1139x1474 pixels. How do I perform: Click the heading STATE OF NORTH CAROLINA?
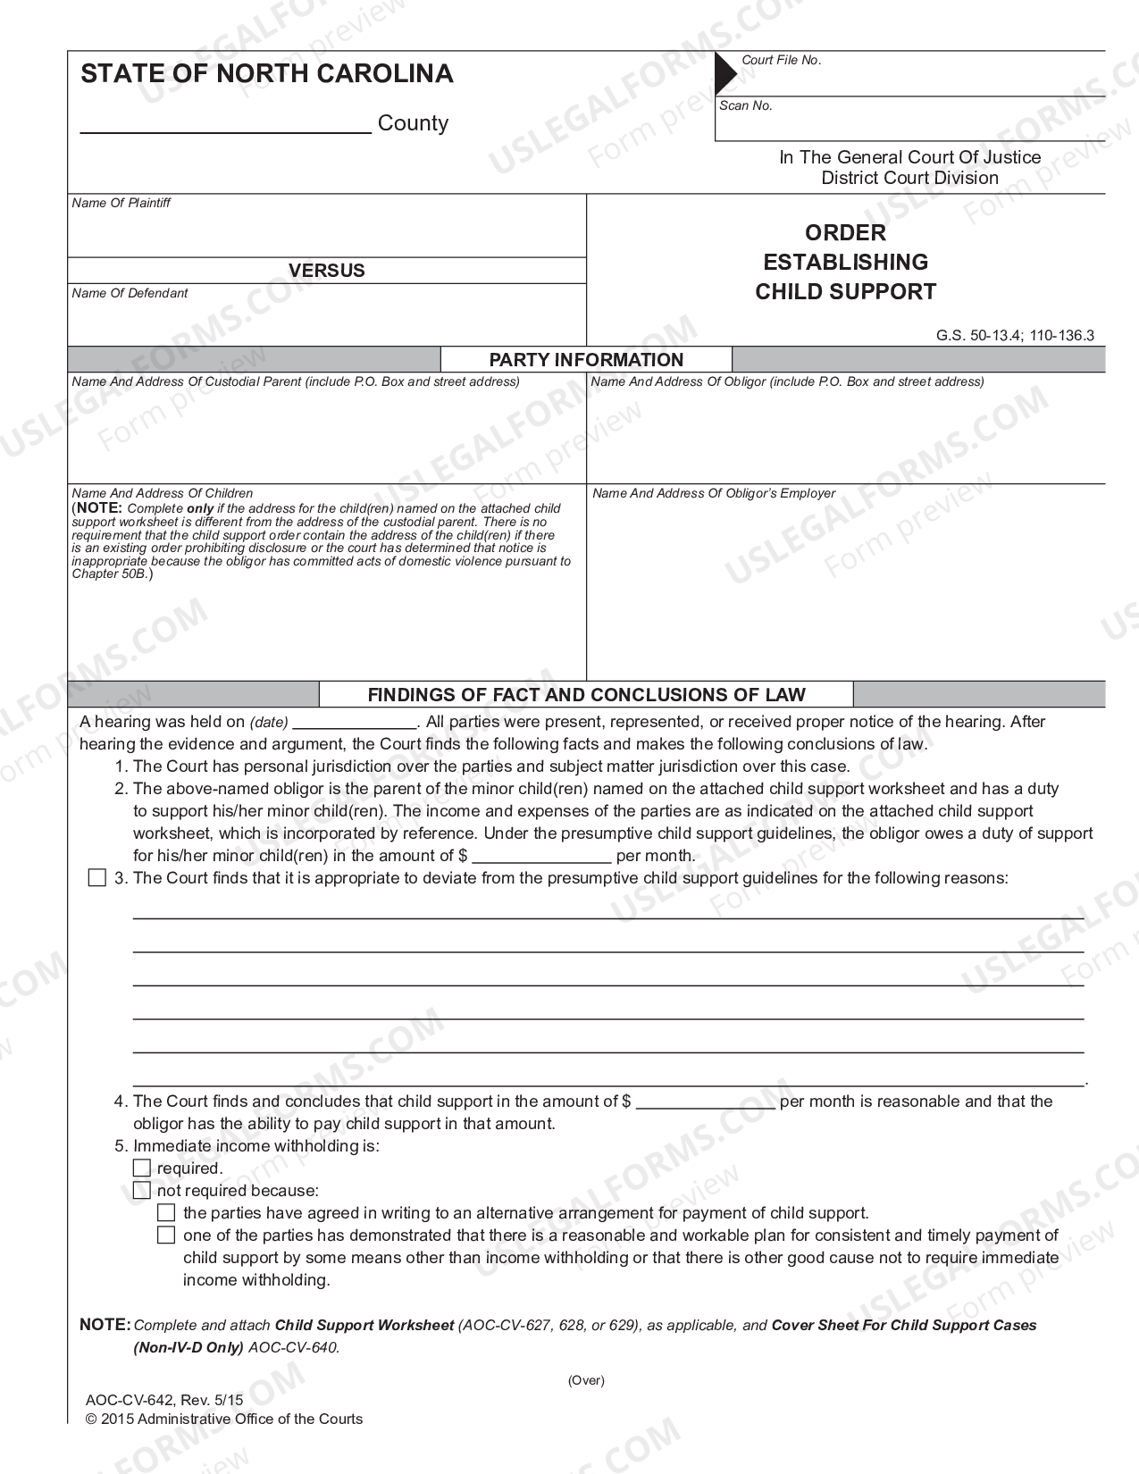(x=267, y=74)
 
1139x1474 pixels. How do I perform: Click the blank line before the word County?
(x=225, y=125)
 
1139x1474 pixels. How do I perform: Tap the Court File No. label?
(x=781, y=60)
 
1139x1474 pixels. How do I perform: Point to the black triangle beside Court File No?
(x=724, y=72)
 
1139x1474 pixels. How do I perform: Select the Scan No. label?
(x=746, y=105)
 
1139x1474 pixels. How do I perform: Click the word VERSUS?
(x=326, y=271)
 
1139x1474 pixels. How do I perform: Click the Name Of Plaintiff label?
(x=121, y=203)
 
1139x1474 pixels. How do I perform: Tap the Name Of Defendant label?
(x=130, y=293)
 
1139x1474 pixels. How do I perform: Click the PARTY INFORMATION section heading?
(x=586, y=360)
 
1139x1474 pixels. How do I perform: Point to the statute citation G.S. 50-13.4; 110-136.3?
(x=1015, y=336)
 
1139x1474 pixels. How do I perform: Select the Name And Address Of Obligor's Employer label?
(x=714, y=493)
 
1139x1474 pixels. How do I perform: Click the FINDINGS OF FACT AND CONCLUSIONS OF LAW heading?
(x=586, y=695)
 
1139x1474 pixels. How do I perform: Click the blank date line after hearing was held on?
(x=355, y=724)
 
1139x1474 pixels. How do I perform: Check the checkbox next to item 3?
(x=97, y=878)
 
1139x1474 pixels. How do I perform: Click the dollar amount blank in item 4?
(x=705, y=1103)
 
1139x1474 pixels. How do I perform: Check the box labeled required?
(x=142, y=1168)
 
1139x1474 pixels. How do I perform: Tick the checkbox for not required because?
(x=142, y=1191)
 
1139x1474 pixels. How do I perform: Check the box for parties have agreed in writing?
(x=166, y=1213)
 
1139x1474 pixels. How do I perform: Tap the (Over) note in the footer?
(x=586, y=1380)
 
